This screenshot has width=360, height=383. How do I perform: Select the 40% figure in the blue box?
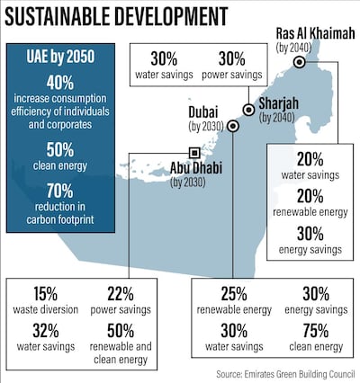pos(59,80)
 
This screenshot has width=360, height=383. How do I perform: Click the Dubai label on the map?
pos(203,111)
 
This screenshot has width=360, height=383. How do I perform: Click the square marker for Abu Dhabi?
pos(193,152)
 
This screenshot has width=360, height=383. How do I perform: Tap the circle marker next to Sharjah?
pos(248,110)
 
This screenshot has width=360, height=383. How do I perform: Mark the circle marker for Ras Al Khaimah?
pos(299,63)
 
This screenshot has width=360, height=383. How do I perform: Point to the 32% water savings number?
pos(40,329)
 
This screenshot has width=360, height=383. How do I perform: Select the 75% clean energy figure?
pos(318,329)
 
